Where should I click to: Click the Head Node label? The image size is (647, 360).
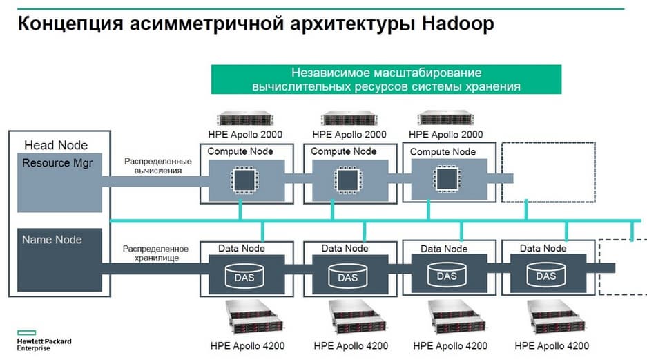pyautogui.click(x=56, y=145)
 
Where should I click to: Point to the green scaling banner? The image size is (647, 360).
pyautogui.click(x=385, y=79)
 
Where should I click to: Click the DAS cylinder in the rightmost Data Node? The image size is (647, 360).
pyautogui.click(x=546, y=275)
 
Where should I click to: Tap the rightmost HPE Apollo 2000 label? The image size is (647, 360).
pyautogui.click(x=446, y=134)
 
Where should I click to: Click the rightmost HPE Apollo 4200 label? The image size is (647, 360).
pyautogui.click(x=552, y=345)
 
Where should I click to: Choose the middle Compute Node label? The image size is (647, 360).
pyautogui.click(x=344, y=151)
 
